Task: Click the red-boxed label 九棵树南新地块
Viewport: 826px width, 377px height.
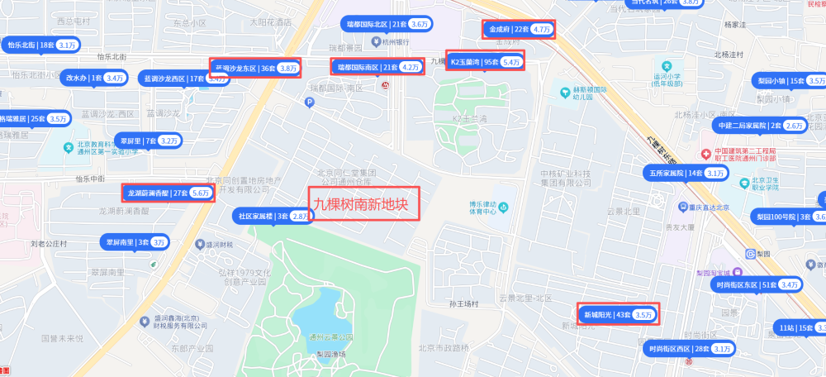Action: (x=363, y=202)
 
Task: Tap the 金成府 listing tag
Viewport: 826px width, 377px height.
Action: (x=518, y=30)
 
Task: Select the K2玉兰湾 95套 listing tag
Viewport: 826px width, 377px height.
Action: (x=484, y=61)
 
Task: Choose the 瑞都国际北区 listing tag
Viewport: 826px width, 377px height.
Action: (x=387, y=25)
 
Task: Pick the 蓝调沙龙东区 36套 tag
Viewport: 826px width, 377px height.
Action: (x=255, y=68)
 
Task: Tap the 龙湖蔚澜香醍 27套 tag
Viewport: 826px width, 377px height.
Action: (x=168, y=193)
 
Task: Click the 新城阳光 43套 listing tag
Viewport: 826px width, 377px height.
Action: (x=618, y=314)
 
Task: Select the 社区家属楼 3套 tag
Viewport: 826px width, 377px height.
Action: (x=273, y=216)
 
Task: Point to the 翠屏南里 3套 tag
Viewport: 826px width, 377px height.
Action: (x=135, y=242)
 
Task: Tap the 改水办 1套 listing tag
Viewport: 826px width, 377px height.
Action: (x=94, y=78)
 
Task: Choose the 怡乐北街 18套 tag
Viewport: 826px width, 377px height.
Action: (x=40, y=45)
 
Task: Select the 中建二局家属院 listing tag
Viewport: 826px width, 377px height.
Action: (x=759, y=126)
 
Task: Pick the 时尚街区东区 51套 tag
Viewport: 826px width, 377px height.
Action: (x=756, y=284)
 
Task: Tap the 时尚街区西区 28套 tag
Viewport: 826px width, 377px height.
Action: (x=690, y=349)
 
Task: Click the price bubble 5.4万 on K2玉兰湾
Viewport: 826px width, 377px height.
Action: (x=510, y=62)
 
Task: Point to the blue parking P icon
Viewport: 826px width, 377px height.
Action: (x=310, y=103)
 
